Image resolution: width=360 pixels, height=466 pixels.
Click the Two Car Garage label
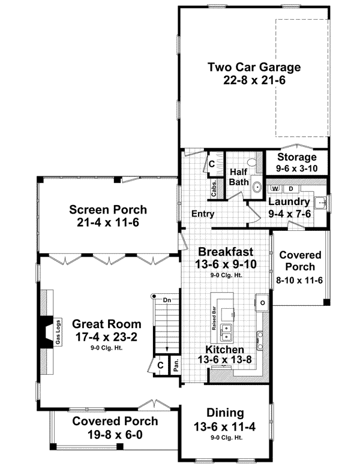point(254,67)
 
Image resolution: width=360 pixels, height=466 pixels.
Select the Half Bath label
point(240,177)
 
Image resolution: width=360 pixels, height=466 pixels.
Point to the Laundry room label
point(289,202)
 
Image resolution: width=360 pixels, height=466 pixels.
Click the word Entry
point(203,214)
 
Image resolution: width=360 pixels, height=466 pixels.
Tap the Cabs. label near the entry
point(215,188)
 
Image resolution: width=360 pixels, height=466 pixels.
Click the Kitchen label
point(225,349)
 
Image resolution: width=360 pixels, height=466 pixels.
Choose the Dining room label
point(225,413)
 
